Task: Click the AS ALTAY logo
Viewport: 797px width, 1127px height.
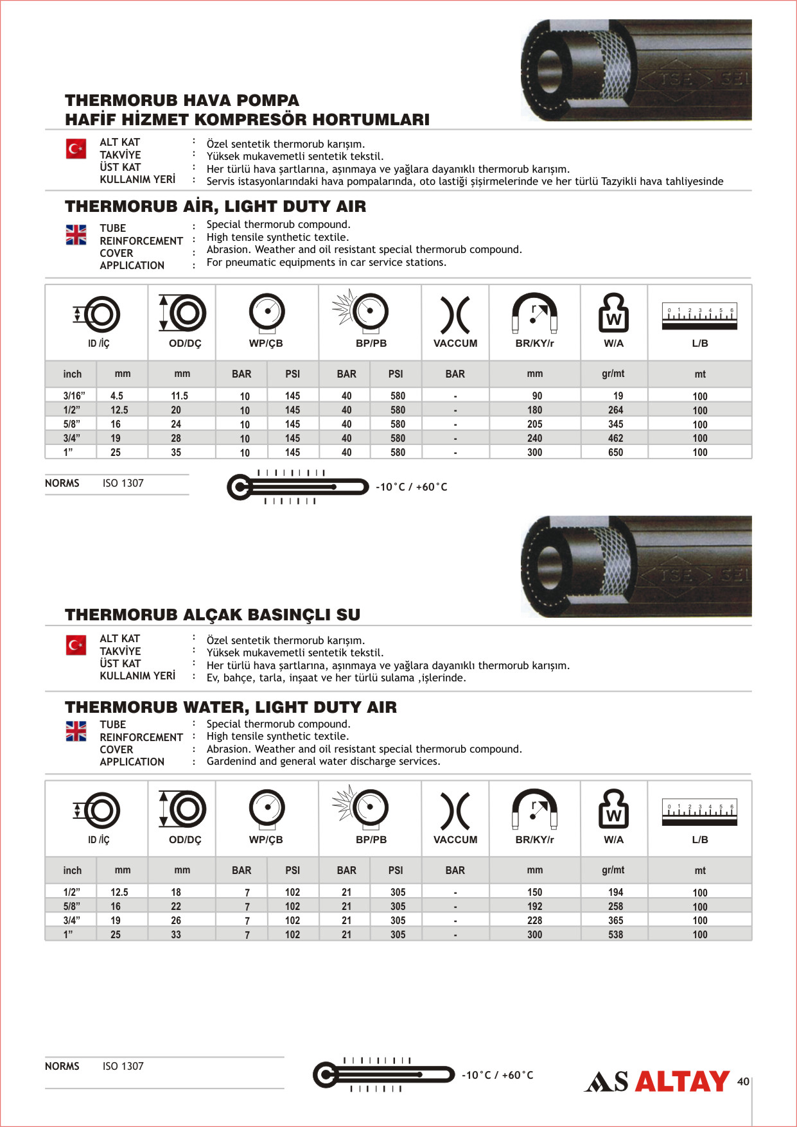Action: point(656,1081)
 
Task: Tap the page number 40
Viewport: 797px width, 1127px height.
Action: point(743,1081)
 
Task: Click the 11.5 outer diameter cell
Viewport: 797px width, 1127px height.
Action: point(179,396)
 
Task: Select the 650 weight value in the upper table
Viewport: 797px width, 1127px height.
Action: point(615,453)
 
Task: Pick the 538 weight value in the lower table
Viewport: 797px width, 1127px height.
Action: point(615,935)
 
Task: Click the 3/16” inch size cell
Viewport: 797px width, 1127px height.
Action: point(74,396)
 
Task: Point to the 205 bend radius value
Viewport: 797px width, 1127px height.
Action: point(534,424)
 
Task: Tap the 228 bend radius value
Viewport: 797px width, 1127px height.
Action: point(534,921)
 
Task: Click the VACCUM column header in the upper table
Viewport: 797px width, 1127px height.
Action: point(455,344)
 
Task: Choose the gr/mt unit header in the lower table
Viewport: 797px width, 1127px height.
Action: point(613,870)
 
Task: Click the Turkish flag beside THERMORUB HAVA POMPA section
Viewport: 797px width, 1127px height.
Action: point(76,149)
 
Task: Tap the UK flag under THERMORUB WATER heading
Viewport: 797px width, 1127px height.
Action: point(76,731)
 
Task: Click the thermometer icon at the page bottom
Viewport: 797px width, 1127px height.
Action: point(383,1074)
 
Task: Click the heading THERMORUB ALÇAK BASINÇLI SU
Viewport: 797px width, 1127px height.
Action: point(213,615)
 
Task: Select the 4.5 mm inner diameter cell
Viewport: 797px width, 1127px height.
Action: point(116,396)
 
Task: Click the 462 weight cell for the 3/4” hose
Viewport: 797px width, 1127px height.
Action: point(615,439)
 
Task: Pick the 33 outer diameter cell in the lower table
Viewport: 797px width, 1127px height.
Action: point(176,935)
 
